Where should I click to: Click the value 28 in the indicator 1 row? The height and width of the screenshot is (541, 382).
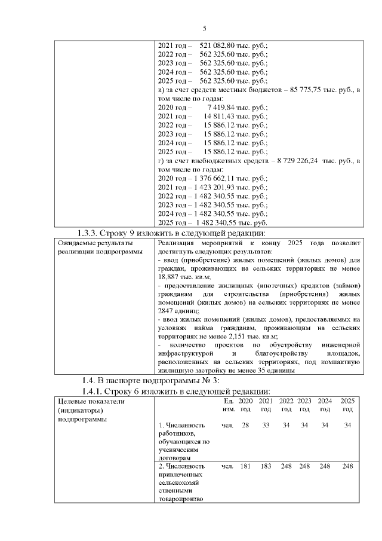[245, 425]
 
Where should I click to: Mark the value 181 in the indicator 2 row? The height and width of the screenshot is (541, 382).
[245, 466]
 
